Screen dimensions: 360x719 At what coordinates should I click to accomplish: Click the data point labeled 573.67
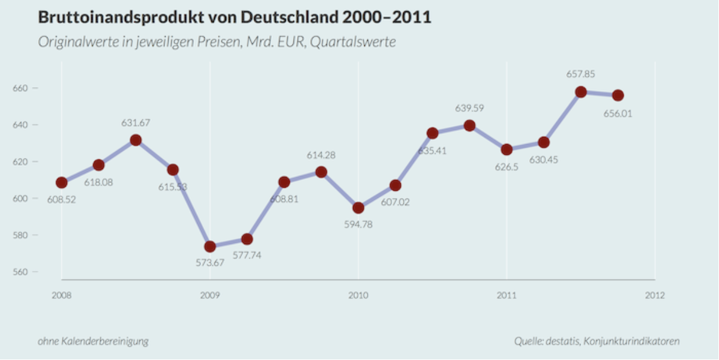[x=210, y=247]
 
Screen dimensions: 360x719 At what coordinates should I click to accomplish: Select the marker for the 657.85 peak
[x=581, y=92]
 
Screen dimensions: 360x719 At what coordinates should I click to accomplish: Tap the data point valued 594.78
[x=358, y=208]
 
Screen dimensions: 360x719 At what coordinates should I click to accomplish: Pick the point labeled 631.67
[x=136, y=140]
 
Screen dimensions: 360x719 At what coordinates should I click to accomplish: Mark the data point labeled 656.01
[x=618, y=95]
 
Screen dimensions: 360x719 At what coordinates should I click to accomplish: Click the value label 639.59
[x=469, y=109]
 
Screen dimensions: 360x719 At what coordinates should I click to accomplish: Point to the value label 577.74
[x=247, y=255]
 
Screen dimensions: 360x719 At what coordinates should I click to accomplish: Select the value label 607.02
[x=395, y=202]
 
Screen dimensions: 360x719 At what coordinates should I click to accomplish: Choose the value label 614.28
[x=321, y=155]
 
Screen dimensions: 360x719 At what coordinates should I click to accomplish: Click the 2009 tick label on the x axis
[x=210, y=295]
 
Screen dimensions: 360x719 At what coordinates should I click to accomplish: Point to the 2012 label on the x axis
[x=655, y=295]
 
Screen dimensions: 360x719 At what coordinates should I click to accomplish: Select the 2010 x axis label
[x=358, y=295]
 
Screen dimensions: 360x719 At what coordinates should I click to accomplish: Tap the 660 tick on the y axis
[x=20, y=88]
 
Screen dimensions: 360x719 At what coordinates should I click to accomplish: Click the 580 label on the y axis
[x=20, y=235]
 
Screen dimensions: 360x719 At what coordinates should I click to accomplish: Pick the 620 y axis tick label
[x=20, y=162]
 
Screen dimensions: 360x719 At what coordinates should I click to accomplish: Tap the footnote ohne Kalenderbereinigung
[x=93, y=341]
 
